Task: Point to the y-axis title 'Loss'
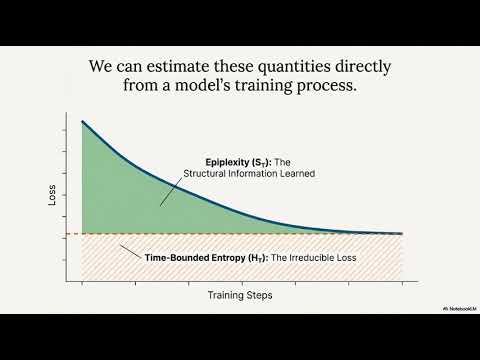tap(52, 195)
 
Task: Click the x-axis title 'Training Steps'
tap(240, 296)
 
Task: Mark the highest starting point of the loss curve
tap(82, 121)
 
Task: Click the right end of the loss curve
tap(402, 233)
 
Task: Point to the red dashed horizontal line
tap(300, 234)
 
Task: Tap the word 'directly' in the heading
tap(360, 67)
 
